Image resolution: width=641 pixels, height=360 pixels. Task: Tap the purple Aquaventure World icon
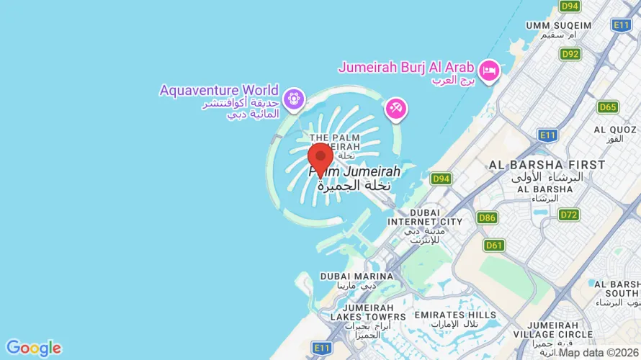(x=293, y=99)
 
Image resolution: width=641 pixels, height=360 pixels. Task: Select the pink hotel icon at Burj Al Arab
(x=490, y=71)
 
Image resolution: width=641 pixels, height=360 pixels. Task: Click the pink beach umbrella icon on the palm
(x=395, y=109)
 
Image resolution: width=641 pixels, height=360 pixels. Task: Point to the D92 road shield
(x=570, y=54)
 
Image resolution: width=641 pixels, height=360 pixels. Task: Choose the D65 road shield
(x=608, y=107)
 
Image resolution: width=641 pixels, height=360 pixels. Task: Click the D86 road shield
(x=487, y=217)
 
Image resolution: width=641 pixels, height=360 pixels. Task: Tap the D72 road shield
(x=569, y=215)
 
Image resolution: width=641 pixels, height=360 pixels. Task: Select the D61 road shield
(x=494, y=246)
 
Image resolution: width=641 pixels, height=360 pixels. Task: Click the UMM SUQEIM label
(x=558, y=25)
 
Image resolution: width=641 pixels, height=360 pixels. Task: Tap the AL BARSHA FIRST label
(x=547, y=165)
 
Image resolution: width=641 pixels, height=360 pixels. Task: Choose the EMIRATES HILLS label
(x=455, y=315)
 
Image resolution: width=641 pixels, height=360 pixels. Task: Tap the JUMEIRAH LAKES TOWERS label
(x=368, y=317)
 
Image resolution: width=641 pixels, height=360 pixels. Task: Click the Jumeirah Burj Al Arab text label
(x=406, y=67)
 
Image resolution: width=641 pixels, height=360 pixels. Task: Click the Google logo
(x=33, y=348)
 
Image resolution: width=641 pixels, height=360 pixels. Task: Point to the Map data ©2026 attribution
(x=599, y=353)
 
